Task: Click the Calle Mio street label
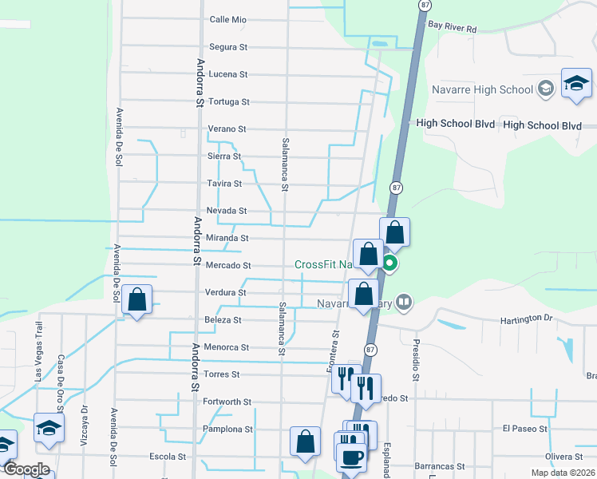click(x=227, y=20)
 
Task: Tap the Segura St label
click(x=227, y=47)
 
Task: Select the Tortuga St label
click(x=228, y=102)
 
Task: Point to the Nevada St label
click(x=227, y=211)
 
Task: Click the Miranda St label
click(x=228, y=238)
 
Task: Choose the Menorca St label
click(x=227, y=347)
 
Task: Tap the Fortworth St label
click(x=227, y=402)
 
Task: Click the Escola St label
click(x=168, y=457)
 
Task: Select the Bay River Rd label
click(x=452, y=27)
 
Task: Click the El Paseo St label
click(x=524, y=429)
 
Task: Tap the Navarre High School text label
click(x=482, y=89)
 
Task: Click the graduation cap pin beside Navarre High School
click(x=576, y=83)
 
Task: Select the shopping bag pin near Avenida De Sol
click(x=137, y=300)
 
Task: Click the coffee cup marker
click(x=350, y=457)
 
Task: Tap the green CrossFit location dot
click(x=390, y=264)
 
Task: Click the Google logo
click(x=26, y=469)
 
